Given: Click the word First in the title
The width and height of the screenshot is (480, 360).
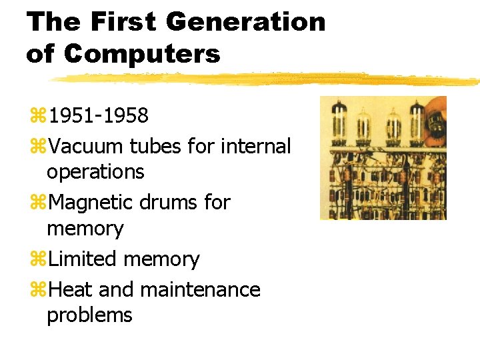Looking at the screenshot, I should tap(125, 22).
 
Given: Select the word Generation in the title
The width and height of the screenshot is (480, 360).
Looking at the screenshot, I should tap(245, 22).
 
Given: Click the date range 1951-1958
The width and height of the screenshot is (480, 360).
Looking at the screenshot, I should tap(99, 116).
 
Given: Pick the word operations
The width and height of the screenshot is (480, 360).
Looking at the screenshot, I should tap(95, 172).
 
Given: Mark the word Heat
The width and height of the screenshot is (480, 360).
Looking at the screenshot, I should tap(69, 290).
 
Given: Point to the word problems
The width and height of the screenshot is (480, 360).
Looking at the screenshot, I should tap(89, 315).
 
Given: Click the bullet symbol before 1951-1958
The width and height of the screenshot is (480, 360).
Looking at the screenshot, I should tap(39, 117).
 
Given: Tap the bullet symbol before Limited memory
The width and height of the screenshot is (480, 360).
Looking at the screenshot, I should tap(39, 259).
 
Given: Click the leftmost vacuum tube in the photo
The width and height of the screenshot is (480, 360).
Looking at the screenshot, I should tap(340, 120).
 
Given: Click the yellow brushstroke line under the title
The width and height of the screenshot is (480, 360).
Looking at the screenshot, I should tap(267, 79).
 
